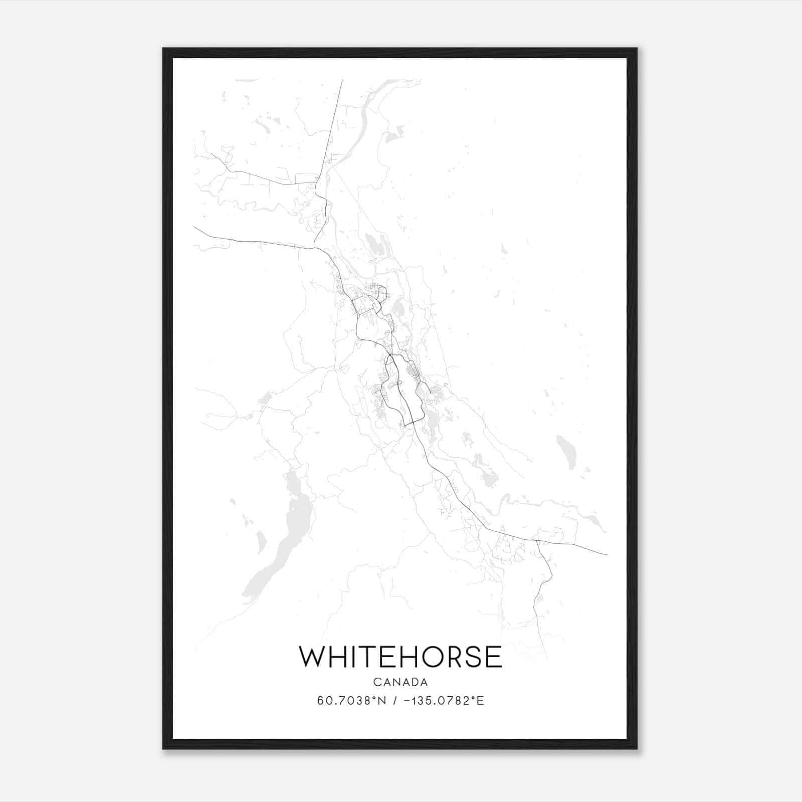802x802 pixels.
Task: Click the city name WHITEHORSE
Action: [400, 657]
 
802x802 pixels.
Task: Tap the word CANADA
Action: [400, 682]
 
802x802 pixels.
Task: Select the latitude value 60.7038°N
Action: [352, 701]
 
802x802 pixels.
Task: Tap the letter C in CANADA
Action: [376, 682]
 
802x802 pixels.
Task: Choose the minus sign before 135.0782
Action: [406, 701]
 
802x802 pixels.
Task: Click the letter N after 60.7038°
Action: [382, 701]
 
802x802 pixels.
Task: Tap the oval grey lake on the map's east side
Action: [566, 451]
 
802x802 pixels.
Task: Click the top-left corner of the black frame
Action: [164, 49]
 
